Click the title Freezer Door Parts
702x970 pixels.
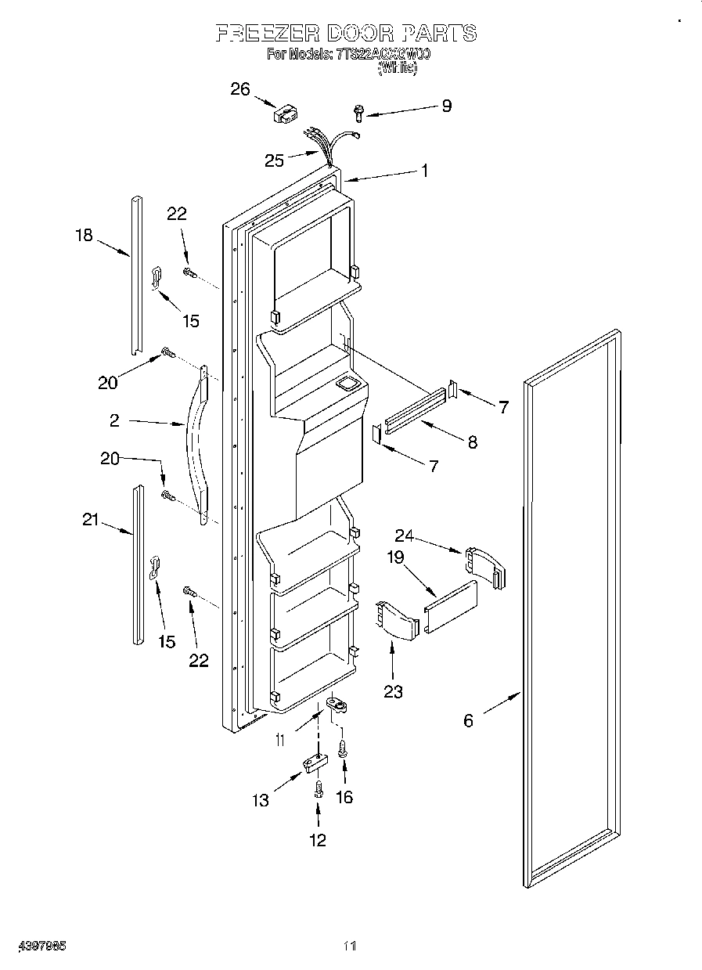(x=345, y=33)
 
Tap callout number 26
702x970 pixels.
(x=239, y=89)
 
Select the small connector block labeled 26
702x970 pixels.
(x=283, y=115)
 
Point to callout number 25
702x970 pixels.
(x=274, y=160)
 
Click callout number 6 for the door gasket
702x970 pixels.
(x=468, y=720)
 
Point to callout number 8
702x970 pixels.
(x=472, y=442)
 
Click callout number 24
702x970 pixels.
(x=404, y=536)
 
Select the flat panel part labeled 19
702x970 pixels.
(x=450, y=608)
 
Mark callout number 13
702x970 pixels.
(x=261, y=799)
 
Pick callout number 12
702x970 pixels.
(x=318, y=840)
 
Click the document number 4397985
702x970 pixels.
(x=39, y=946)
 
